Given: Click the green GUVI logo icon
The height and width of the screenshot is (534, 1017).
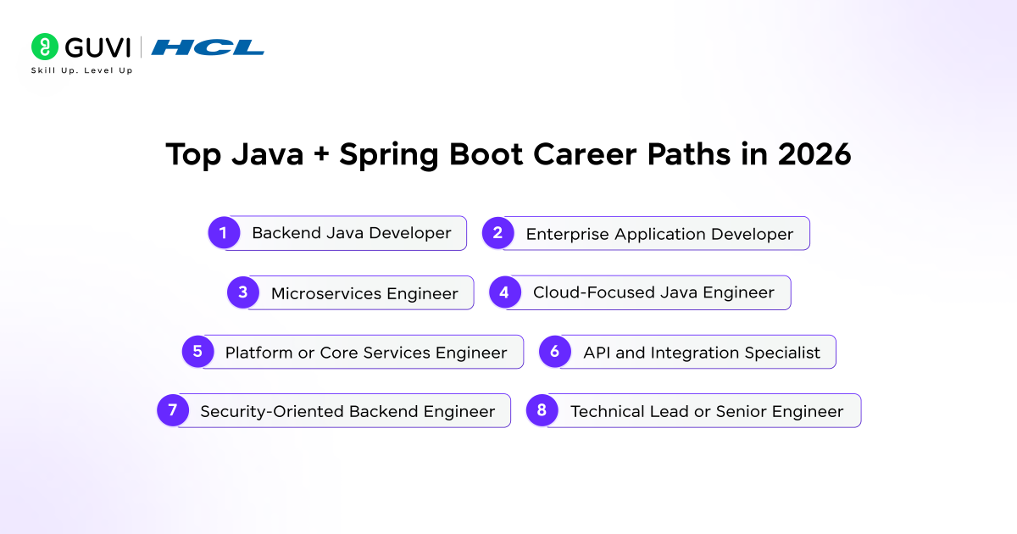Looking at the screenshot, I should [x=44, y=47].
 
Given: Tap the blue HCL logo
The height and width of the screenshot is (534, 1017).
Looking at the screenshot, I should [x=208, y=47].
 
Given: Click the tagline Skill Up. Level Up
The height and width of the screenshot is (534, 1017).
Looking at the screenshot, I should [x=81, y=70].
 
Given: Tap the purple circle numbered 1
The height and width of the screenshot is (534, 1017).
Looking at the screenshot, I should [x=224, y=232].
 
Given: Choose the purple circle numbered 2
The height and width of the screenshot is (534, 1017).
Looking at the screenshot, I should [x=498, y=233].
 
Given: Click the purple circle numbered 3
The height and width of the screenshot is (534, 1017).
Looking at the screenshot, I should [x=242, y=292].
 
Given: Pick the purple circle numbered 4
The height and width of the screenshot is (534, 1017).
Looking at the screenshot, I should [x=505, y=292].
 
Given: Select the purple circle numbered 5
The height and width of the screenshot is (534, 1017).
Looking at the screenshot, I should [x=197, y=352].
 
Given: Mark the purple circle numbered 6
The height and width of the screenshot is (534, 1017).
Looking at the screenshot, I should [x=555, y=352].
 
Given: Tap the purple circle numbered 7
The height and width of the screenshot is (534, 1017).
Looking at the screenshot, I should [x=173, y=410].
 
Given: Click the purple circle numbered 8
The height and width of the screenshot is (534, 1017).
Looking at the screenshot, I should [x=542, y=411].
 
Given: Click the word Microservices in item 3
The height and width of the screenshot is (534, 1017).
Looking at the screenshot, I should [x=326, y=294].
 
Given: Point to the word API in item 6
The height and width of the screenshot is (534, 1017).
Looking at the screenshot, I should [x=597, y=353].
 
